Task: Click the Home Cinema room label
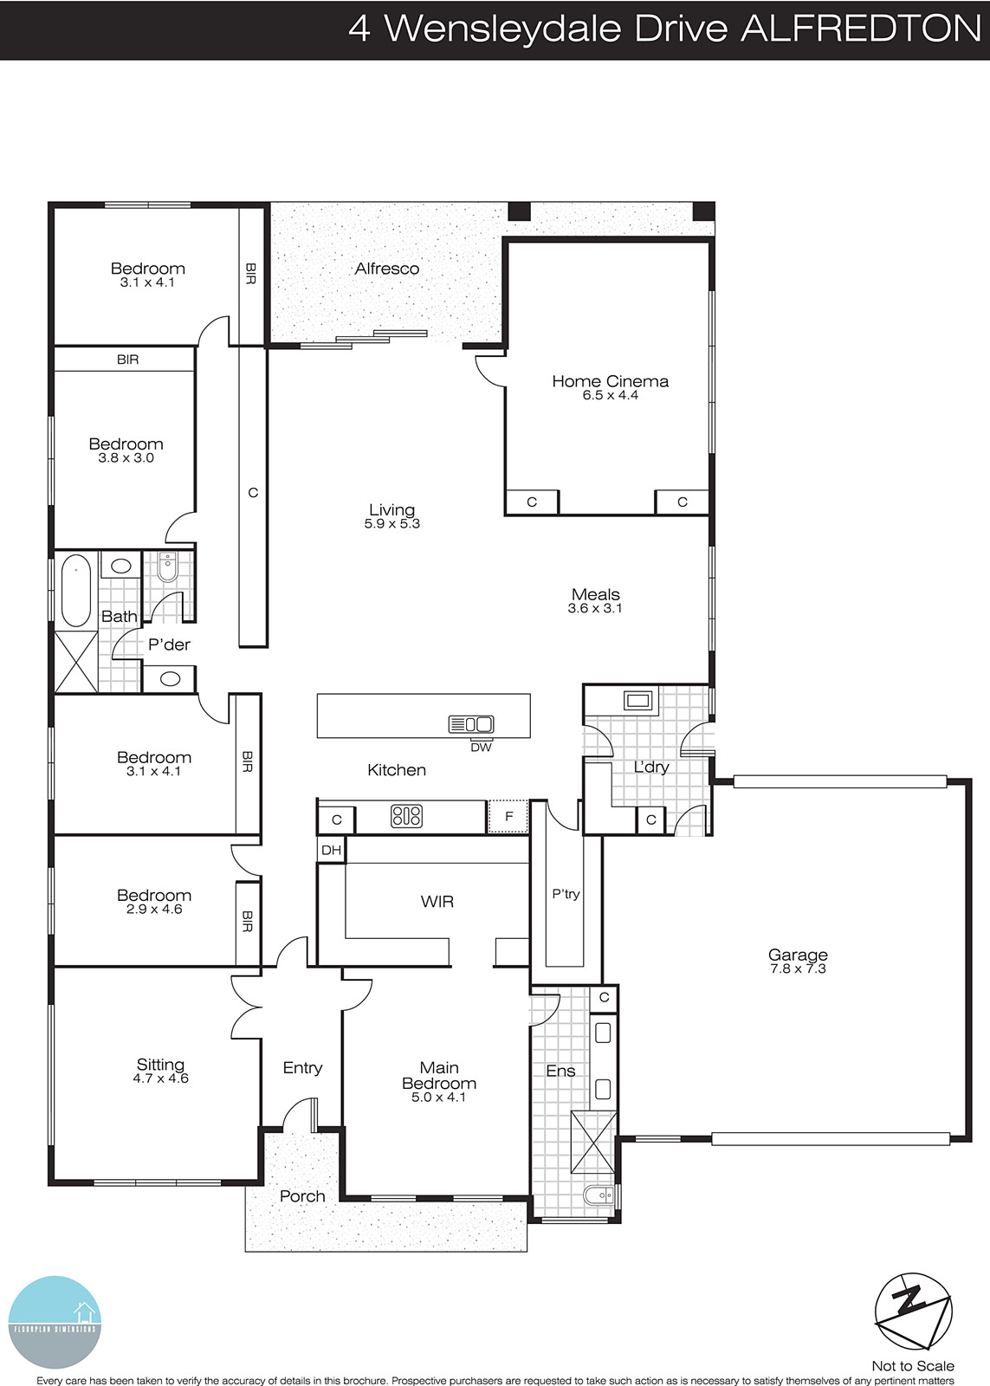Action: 610,381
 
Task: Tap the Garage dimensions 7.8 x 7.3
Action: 798,969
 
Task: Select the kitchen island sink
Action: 471,724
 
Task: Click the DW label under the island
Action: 481,748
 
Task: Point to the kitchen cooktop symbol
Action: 406,816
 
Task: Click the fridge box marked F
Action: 508,817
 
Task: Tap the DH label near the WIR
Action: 331,850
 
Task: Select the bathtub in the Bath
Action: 76,590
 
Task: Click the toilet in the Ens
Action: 599,1196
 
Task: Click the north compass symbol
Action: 913,1312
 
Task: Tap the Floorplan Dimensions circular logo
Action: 55,1322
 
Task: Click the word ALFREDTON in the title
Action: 861,29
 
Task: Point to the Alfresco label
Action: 386,269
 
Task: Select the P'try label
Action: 566,894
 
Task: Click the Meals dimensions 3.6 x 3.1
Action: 595,609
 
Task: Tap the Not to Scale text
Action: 912,1365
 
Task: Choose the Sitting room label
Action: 160,1065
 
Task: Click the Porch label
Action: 302,1196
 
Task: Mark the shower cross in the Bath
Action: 76,662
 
